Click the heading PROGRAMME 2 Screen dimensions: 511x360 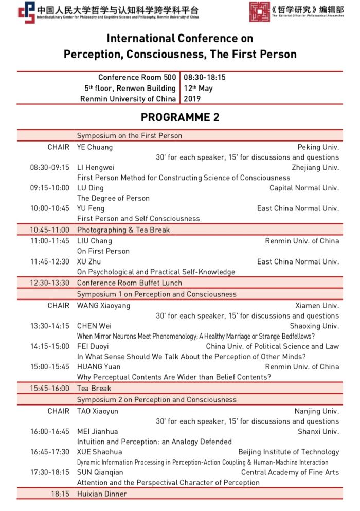[180, 117]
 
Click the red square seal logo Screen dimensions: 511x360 [259, 12]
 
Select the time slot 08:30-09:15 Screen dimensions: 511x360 [49, 167]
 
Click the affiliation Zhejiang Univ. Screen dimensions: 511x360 [315, 167]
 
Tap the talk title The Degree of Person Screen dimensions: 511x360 [113, 198]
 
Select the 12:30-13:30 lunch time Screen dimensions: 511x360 [49, 283]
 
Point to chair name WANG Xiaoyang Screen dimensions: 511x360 [103, 305]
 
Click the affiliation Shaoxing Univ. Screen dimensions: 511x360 [314, 326]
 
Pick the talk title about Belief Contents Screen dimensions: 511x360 [174, 377]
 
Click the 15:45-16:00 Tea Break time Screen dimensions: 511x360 [49, 389]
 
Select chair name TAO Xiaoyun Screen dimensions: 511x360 [97, 411]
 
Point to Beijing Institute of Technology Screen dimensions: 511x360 [289, 452]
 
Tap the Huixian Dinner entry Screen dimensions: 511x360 [101, 494]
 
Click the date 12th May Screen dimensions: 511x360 [198, 88]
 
